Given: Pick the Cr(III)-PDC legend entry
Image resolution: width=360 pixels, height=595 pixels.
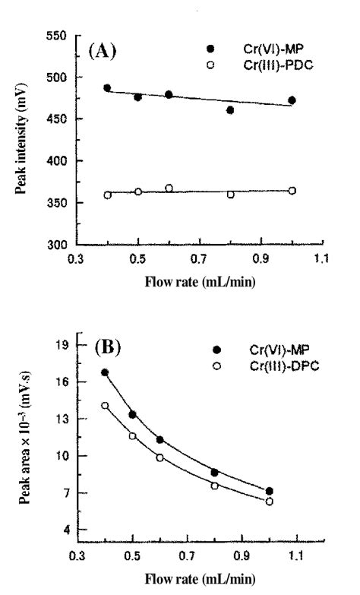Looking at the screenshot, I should click(251, 64).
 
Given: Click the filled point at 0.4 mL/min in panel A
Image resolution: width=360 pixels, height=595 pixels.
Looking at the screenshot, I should click(107, 88).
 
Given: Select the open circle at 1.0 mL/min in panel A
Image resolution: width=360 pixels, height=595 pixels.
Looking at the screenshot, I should click(292, 191).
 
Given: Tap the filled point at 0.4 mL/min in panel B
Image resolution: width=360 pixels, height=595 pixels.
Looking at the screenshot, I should click(105, 373).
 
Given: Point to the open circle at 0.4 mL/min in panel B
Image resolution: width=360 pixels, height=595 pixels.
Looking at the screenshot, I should click(105, 406).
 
